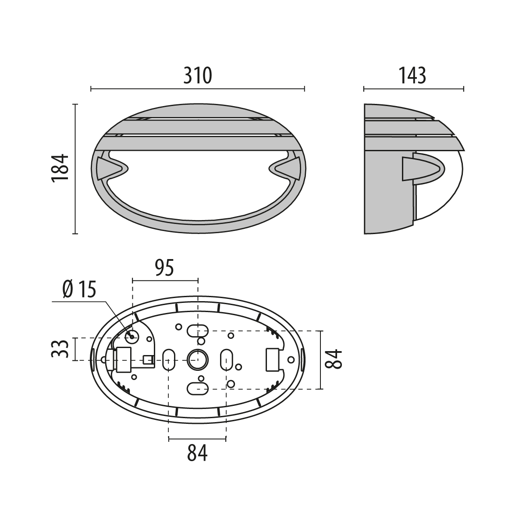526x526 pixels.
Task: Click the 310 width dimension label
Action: [198, 75]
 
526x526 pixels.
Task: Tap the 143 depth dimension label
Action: [412, 75]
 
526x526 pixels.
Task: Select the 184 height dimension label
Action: [60, 168]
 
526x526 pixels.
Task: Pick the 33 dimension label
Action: [60, 349]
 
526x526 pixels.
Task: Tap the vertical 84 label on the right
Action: [334, 359]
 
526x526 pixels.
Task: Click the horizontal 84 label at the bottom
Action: [197, 453]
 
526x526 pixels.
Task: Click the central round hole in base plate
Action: [198, 360]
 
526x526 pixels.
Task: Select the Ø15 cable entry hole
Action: [132, 337]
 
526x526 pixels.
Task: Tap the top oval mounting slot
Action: [198, 331]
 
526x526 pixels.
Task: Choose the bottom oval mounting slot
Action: [198, 388]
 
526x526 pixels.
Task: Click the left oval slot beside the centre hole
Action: [169, 360]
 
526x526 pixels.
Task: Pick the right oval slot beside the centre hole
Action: [227, 360]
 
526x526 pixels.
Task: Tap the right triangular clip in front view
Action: [288, 168]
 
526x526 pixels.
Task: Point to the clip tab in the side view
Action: [423, 169]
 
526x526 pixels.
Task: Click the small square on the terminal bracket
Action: [148, 359]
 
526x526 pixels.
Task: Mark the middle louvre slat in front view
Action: [199, 127]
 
